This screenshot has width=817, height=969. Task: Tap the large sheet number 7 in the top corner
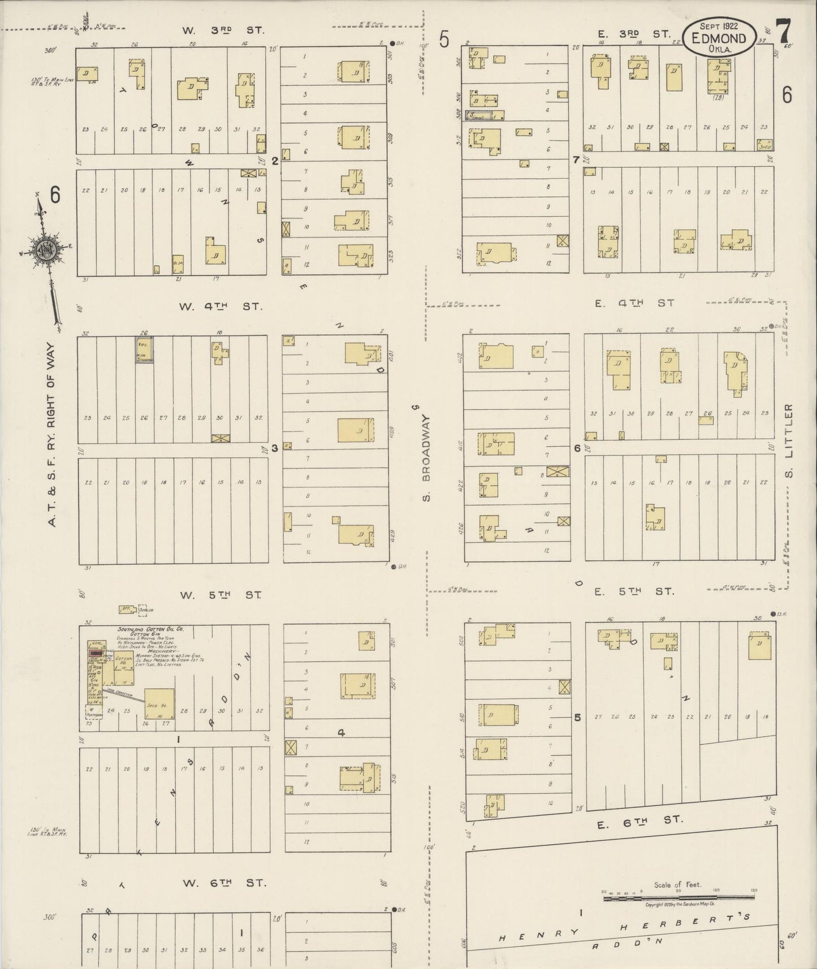pos(784,32)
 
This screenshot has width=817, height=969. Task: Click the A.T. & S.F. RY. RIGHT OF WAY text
pos(52,434)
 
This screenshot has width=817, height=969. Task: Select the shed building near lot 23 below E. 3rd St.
pos(764,145)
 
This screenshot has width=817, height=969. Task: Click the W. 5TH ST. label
pos(221,595)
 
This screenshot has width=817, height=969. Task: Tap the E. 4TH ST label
pos(634,303)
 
